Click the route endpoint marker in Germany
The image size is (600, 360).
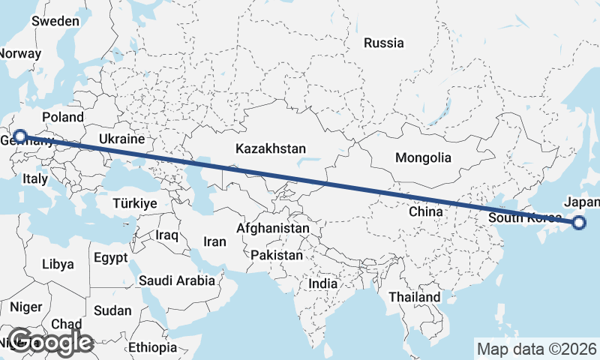[x=20, y=136]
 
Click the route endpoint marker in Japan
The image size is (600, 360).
[x=579, y=222]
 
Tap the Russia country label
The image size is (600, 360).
[x=383, y=43]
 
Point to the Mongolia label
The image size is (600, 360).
[x=424, y=157]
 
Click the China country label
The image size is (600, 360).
[x=426, y=211]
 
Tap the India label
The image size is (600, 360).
[x=322, y=284]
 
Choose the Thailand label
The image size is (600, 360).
[x=414, y=297]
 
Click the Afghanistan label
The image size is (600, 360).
[x=272, y=228]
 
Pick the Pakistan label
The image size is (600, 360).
[x=277, y=255]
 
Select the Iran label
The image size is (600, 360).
[x=214, y=241]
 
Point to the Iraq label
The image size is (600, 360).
[x=166, y=235]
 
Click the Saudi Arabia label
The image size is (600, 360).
[x=177, y=280]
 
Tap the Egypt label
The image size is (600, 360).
[x=111, y=258]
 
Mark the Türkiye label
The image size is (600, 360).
[x=134, y=203]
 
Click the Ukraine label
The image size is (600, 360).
[x=121, y=139]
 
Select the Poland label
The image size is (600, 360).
[x=63, y=117]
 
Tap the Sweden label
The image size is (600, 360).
[x=55, y=21]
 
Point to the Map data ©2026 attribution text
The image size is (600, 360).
[x=537, y=349]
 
